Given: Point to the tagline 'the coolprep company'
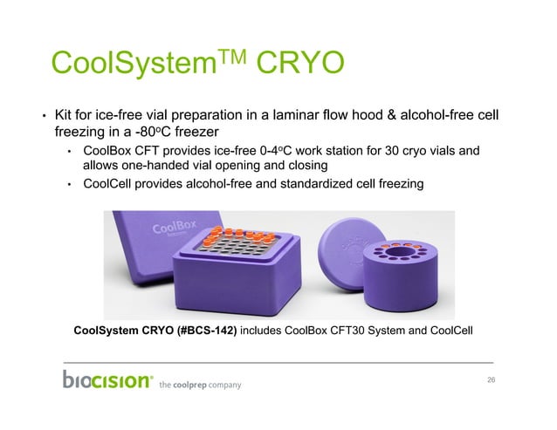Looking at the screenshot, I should [199, 385].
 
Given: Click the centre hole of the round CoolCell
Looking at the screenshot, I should [402, 255].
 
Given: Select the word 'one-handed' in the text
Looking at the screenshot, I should [151, 165].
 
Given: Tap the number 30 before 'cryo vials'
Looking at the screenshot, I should [386, 152].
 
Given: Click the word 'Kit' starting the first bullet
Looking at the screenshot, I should [64, 115].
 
